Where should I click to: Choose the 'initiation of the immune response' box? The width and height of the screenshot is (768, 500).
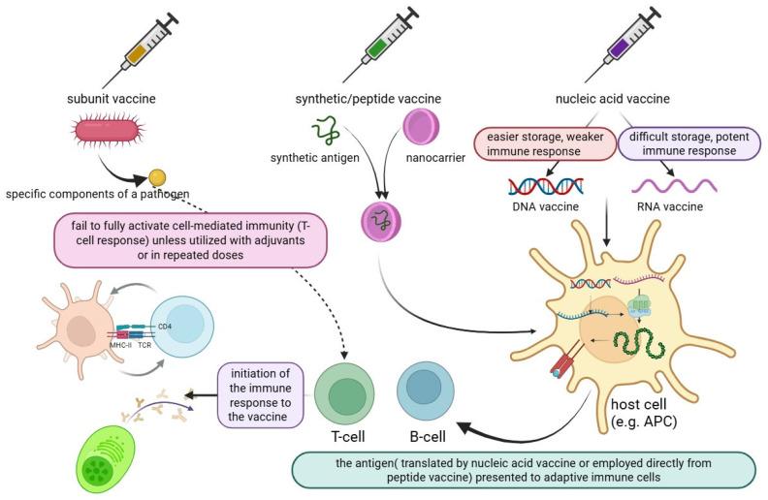pyautogui.click(x=257, y=392)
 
